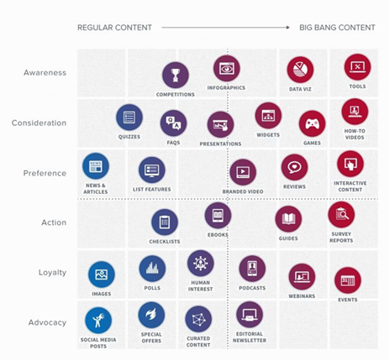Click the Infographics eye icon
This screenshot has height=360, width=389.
[x=226, y=68]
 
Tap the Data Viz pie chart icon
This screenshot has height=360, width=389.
[x=300, y=70]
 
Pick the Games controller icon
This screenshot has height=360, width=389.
[x=312, y=123]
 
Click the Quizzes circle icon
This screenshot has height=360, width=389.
[x=129, y=117]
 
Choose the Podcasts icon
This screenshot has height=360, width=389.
[x=251, y=269]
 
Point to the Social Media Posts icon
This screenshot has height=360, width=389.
[x=98, y=320]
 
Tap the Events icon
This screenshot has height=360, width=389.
[x=347, y=279]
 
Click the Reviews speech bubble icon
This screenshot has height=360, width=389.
[x=294, y=167]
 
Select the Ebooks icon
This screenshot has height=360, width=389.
[x=218, y=215]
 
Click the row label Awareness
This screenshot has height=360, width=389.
[x=45, y=72]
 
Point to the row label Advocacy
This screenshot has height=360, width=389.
[x=46, y=321]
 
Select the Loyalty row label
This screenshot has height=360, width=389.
[x=52, y=272]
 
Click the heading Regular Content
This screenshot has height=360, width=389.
[x=114, y=28]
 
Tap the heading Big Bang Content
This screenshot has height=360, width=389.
[x=337, y=28]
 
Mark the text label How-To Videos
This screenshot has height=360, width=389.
[x=355, y=134]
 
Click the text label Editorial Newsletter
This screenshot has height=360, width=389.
[x=250, y=337]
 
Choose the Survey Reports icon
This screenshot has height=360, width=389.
[x=341, y=214]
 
